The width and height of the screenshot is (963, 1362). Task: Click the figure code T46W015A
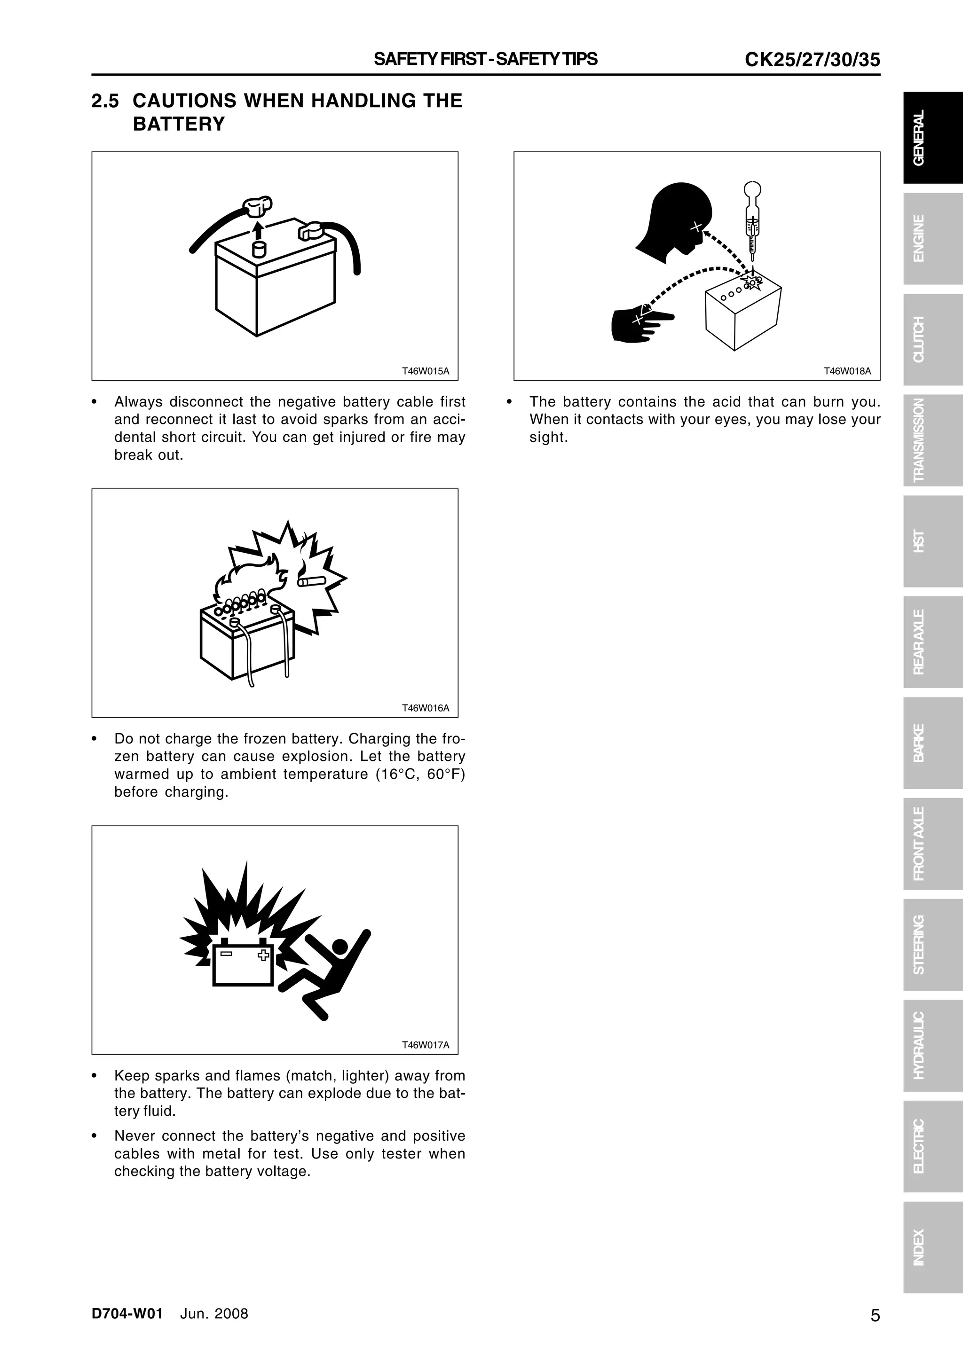click(x=426, y=371)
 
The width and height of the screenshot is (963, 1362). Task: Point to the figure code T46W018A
click(x=847, y=371)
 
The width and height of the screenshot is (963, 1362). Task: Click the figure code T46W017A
click(x=426, y=1045)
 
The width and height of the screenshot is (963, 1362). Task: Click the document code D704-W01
click(x=127, y=1313)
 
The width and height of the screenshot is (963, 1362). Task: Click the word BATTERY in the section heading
click(x=179, y=124)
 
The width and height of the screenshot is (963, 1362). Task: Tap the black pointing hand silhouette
click(x=638, y=324)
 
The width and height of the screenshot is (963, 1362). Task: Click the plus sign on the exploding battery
click(x=263, y=955)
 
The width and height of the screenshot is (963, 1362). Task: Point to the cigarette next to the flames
click(x=311, y=581)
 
